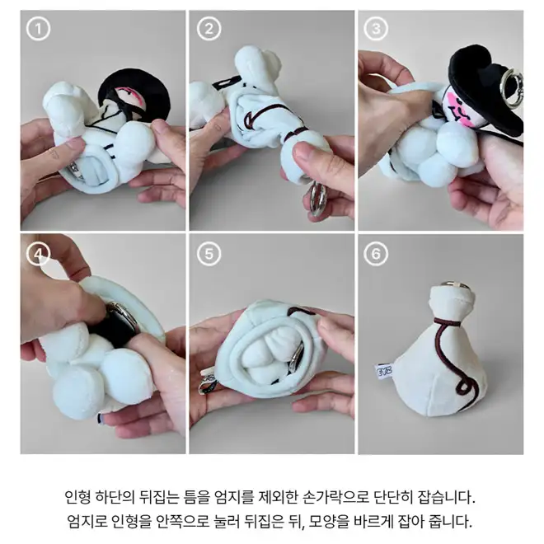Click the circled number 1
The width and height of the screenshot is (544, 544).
(38, 29)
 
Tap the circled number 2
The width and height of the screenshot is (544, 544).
(209, 29)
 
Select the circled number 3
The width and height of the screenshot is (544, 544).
(376, 29)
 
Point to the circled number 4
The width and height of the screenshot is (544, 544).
(38, 255)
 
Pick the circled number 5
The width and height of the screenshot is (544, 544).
(209, 255)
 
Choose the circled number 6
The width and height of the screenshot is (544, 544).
(376, 255)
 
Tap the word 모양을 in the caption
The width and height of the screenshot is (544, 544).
(329, 521)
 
